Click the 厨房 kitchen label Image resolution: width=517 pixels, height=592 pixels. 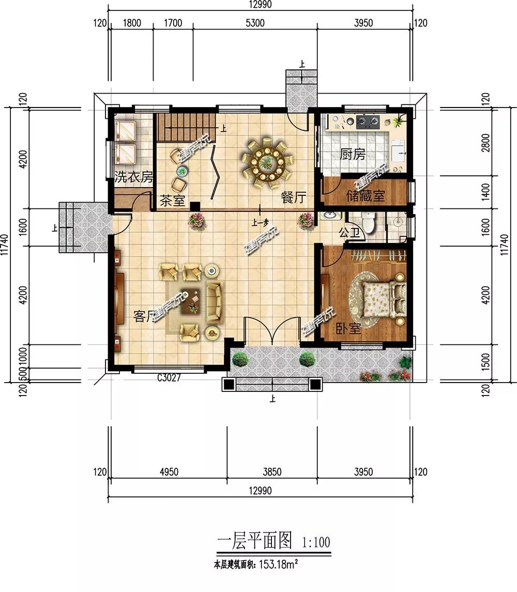(353, 154)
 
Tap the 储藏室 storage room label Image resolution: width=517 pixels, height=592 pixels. (366, 196)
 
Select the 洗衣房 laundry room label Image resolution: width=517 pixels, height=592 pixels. (133, 177)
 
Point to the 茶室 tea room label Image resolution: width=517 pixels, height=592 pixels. (172, 200)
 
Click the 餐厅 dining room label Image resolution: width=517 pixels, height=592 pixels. (293, 198)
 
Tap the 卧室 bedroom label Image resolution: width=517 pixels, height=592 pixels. (348, 328)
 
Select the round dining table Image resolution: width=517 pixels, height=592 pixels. (266, 162)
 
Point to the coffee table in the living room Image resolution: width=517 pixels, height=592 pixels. (192, 300)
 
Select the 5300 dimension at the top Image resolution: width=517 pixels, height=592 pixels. (255, 23)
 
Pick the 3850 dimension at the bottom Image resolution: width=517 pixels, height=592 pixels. (272, 472)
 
